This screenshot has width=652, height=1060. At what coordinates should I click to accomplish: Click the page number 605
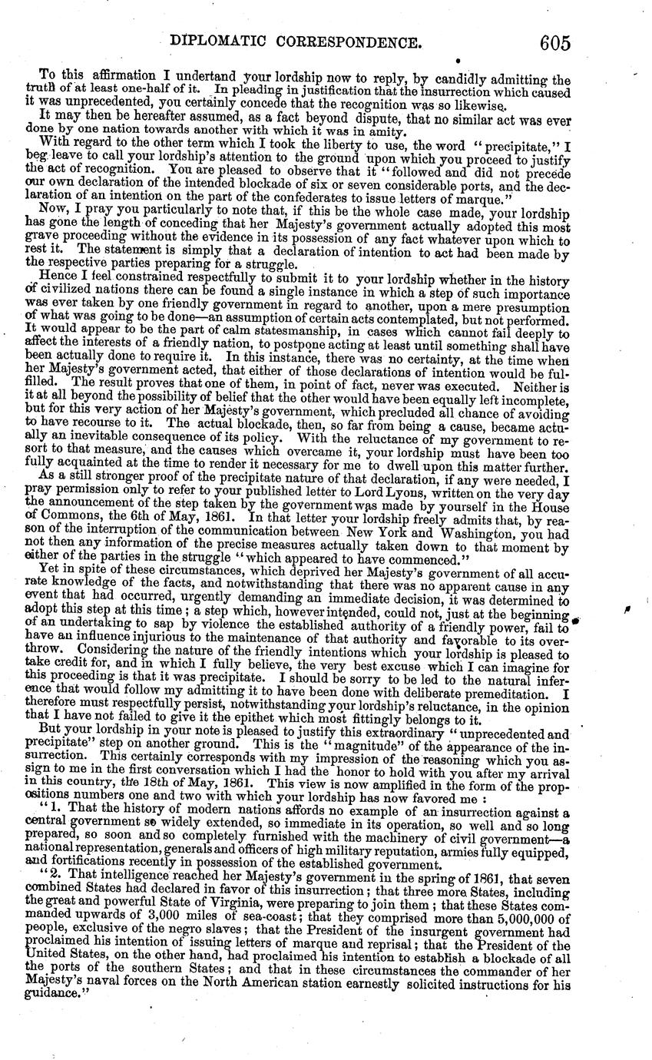(554, 42)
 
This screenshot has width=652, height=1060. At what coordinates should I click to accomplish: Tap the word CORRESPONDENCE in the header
(350, 43)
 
